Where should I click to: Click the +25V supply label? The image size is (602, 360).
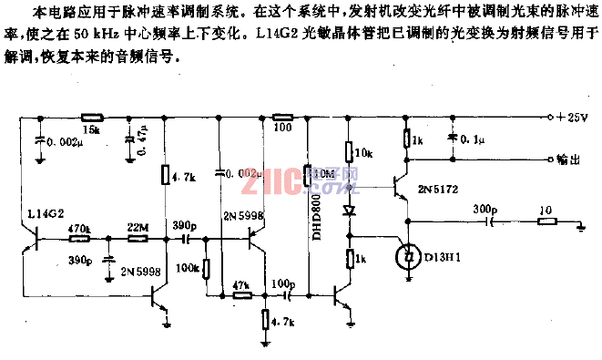pos(571,118)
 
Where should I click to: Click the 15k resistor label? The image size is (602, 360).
pos(91,130)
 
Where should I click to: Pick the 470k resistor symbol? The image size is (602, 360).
pos(79,239)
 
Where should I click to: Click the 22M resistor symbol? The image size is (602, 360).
pos(138,239)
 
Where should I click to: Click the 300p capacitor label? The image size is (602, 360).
pos(486,210)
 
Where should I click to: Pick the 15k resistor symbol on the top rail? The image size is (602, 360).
pos(91,118)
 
